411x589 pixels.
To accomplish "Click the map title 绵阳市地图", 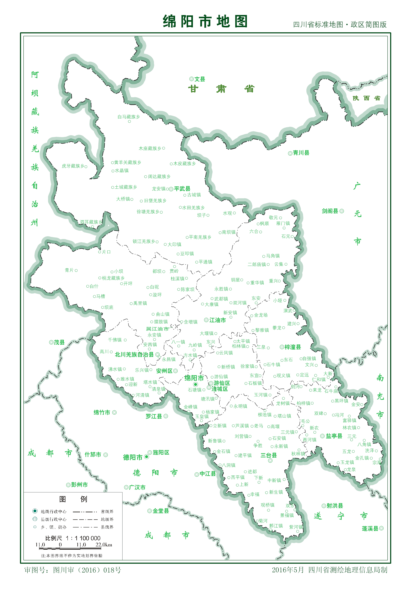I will pyautogui.click(x=205, y=21).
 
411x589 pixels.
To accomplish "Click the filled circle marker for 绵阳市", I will pyautogui.click(x=195, y=384).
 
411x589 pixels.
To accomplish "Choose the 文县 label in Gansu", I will pyautogui.click(x=200, y=79).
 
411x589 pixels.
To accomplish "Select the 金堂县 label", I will pyautogui.click(x=161, y=511).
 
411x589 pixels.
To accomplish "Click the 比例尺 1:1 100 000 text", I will pyautogui.click(x=73, y=538).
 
